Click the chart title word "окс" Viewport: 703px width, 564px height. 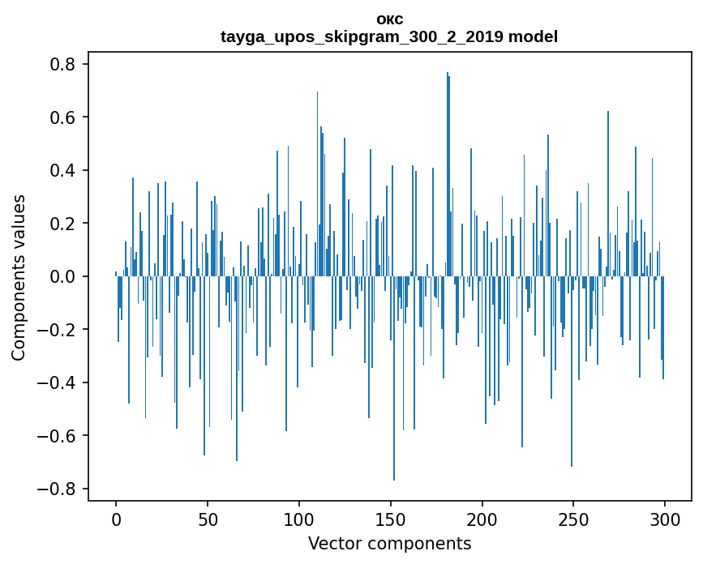(389, 19)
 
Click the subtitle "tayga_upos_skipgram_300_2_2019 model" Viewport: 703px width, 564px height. (389, 36)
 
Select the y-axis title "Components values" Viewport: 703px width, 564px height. (19, 277)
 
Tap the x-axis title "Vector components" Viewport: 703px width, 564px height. (389, 543)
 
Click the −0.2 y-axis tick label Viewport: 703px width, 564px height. (62, 330)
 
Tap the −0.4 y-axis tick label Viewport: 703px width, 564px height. (62, 382)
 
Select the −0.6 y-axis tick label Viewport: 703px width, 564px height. (62, 436)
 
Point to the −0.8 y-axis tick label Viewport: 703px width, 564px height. (62, 489)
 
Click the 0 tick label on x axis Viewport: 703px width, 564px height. (116, 519)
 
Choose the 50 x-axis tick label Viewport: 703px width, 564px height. (208, 519)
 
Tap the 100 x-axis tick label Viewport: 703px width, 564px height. (299, 519)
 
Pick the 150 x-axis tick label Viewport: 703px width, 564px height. (391, 519)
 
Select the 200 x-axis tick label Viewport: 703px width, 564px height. (482, 519)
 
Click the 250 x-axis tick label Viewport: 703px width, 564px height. (574, 519)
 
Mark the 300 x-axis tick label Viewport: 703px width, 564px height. (666, 519)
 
